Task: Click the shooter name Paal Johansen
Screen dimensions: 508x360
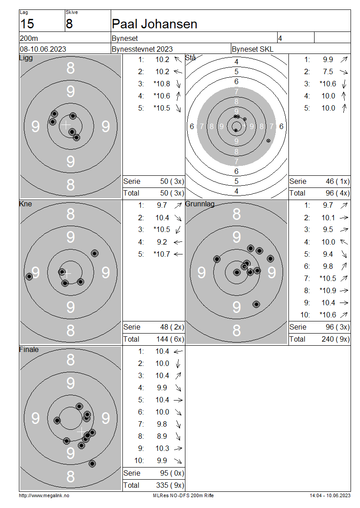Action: [x=154, y=24]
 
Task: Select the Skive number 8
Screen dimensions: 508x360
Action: [x=69, y=24]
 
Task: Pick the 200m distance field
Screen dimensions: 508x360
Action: [x=29, y=39]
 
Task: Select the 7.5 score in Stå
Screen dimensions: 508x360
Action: [x=328, y=71]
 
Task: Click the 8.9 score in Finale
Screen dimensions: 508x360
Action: [x=162, y=436]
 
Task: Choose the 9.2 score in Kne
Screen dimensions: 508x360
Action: [x=162, y=242]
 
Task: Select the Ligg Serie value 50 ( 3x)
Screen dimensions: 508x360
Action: [x=172, y=181]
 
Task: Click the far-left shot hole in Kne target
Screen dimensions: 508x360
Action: [x=29, y=276]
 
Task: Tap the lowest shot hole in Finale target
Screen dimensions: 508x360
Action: [x=92, y=463]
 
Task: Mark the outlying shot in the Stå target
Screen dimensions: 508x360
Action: [x=269, y=141]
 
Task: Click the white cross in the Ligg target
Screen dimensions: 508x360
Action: [x=66, y=125]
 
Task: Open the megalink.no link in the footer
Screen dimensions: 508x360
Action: [x=44, y=495]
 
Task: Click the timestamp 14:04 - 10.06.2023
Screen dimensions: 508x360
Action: [x=330, y=495]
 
